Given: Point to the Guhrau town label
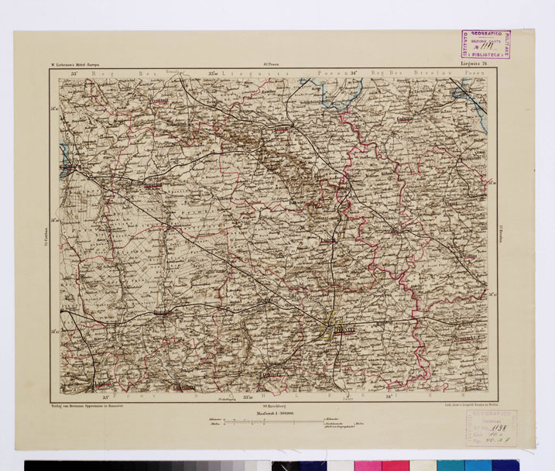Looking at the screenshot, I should (397, 119).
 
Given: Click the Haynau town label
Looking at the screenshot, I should (266, 298).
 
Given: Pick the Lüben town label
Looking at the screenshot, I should (331, 241).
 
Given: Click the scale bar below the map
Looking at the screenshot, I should (283, 423).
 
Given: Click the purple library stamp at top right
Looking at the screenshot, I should (485, 45).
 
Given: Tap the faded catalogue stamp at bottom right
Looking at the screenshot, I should (508, 429).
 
